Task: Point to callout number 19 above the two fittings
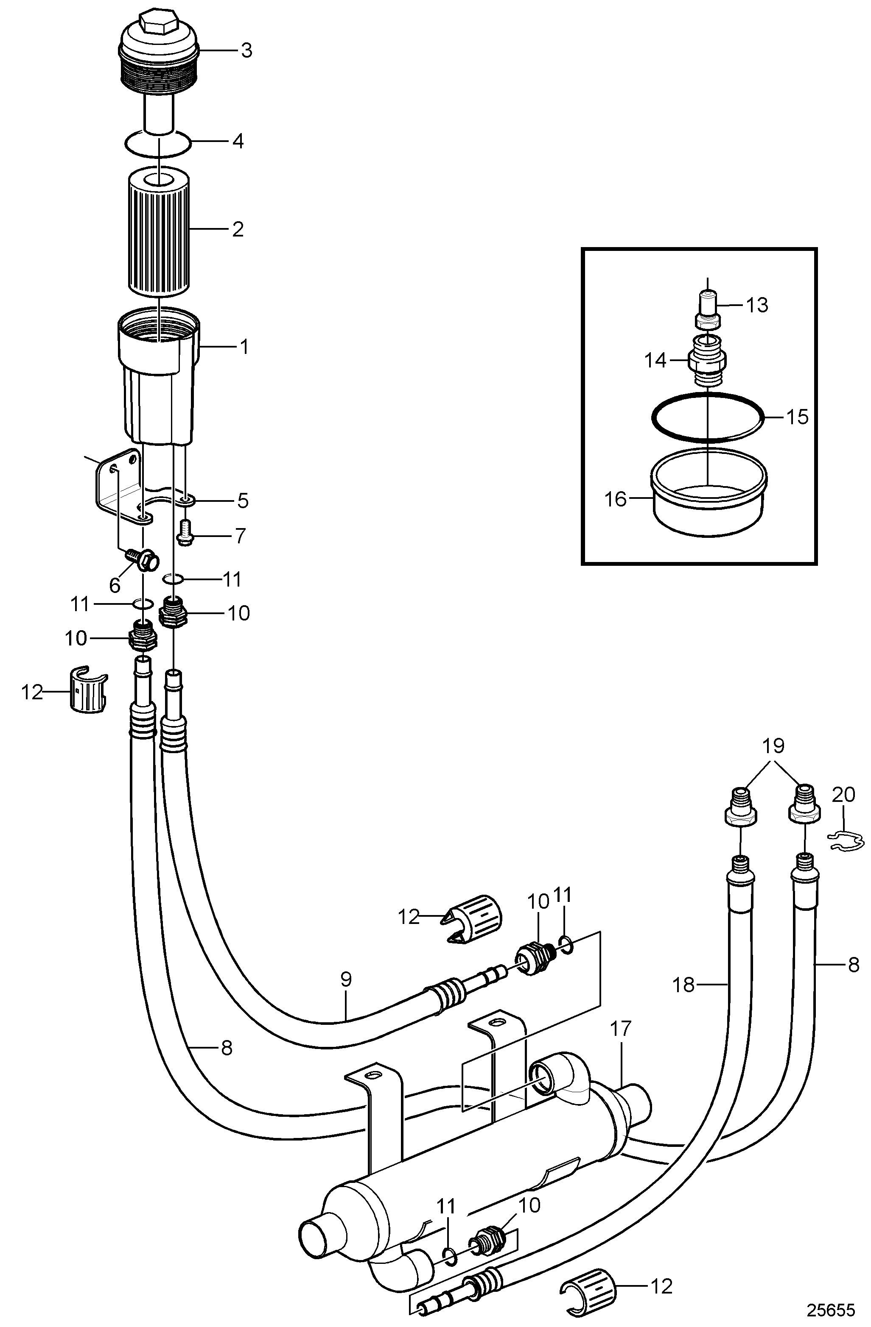coord(773,746)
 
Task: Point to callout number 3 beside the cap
coord(246,51)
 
